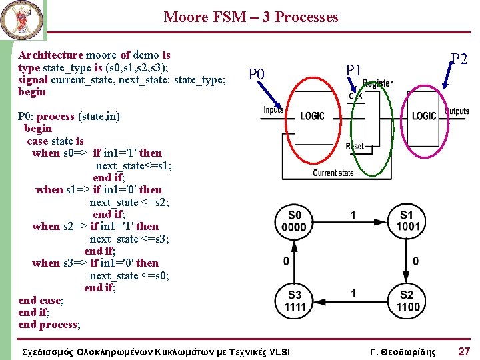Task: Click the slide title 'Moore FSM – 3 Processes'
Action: [x=251, y=17]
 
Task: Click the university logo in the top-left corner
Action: [x=23, y=19]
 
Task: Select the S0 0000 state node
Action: [x=295, y=221]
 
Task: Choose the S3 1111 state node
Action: [x=295, y=301]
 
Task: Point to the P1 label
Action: [x=353, y=69]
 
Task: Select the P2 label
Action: [x=459, y=59]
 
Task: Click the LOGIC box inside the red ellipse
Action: [x=312, y=116]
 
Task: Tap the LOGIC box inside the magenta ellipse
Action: [x=424, y=116]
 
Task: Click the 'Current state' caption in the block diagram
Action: [x=333, y=173]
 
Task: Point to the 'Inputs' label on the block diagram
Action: [x=273, y=109]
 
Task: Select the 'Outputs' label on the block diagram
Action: [x=457, y=111]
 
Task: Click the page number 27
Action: [x=463, y=351]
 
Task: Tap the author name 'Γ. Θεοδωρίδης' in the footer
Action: [x=403, y=351]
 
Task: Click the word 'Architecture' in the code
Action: [x=51, y=55]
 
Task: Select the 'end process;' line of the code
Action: [x=49, y=325]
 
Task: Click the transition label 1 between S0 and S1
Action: [x=353, y=215]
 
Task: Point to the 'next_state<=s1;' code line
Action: [x=133, y=165]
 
